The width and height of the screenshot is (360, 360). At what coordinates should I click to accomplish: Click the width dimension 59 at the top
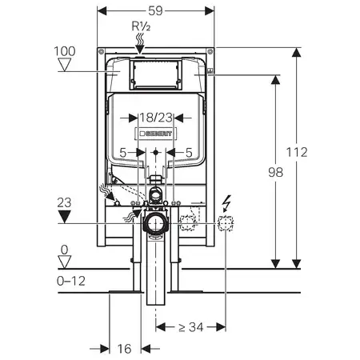[x=155, y=10]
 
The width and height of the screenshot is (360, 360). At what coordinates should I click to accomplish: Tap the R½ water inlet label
[x=141, y=26]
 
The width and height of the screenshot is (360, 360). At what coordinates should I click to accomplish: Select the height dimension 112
[x=297, y=152]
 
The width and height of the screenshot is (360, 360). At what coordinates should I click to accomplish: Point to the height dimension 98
[x=275, y=172]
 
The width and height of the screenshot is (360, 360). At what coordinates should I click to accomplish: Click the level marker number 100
[x=65, y=51]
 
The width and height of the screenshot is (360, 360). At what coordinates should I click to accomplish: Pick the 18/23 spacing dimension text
[x=156, y=118]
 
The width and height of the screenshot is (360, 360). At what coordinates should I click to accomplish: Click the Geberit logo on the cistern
[x=156, y=134]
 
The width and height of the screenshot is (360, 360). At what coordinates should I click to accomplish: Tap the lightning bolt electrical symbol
[x=226, y=203]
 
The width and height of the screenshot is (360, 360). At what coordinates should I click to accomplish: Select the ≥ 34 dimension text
[x=191, y=327]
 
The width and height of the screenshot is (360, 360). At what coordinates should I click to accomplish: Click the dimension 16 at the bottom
[x=124, y=349]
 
